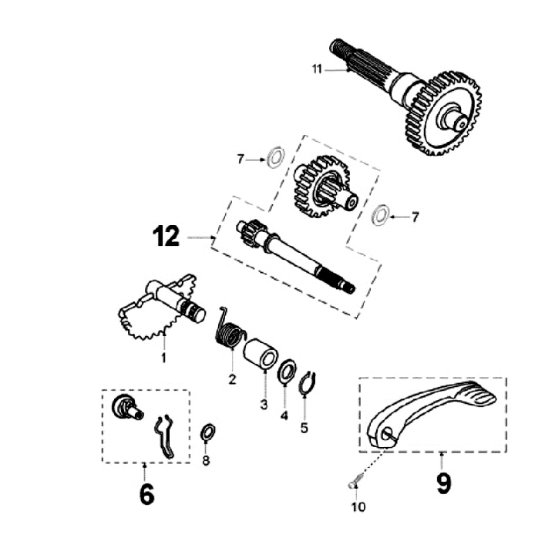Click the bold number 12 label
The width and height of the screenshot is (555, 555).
coord(166,237)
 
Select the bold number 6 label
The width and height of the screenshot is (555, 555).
coord(146,494)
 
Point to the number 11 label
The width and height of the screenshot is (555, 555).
coord(317,69)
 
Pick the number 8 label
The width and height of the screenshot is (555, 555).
coord(206,461)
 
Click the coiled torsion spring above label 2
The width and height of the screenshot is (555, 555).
coord(228,330)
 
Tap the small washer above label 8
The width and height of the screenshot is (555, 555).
coord(207,432)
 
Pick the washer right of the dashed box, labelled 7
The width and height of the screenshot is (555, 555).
coord(378,216)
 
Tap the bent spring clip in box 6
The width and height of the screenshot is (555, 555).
coord(166,436)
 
